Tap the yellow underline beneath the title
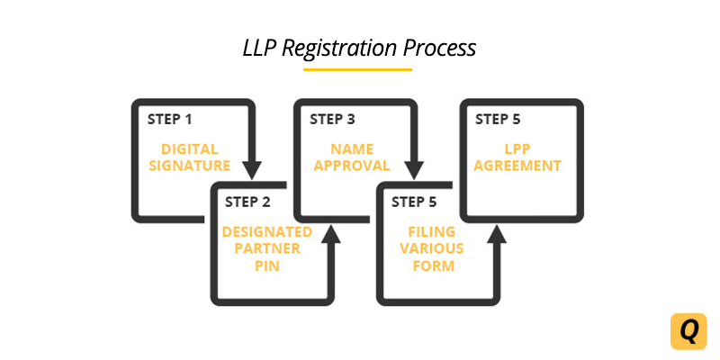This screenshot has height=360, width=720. coord(357,68)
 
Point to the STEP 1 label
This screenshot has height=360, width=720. coord(168,119)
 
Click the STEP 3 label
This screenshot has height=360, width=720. coord(332,119)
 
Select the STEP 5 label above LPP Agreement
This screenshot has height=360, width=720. coord(498,119)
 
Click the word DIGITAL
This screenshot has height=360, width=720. coord(189,148)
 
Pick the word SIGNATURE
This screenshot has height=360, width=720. coord(190,166)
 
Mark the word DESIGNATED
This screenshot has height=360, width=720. coord(267,232)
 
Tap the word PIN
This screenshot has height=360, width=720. coord(267,266)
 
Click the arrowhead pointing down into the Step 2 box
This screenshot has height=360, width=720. coord(253,170)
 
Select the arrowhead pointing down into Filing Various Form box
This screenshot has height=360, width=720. coord(414,170)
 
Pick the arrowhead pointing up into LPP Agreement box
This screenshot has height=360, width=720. coord(497,234)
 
